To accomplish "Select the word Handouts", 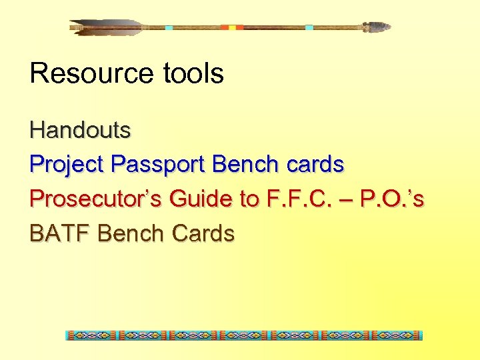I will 80,129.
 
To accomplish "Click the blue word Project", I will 66,164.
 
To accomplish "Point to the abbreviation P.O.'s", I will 391,199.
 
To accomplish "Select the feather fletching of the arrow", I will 107,27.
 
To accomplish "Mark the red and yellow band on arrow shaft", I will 232,27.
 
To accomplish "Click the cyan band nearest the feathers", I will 169,27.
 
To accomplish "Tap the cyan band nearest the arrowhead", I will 309,27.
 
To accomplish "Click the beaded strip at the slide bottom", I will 244,335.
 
